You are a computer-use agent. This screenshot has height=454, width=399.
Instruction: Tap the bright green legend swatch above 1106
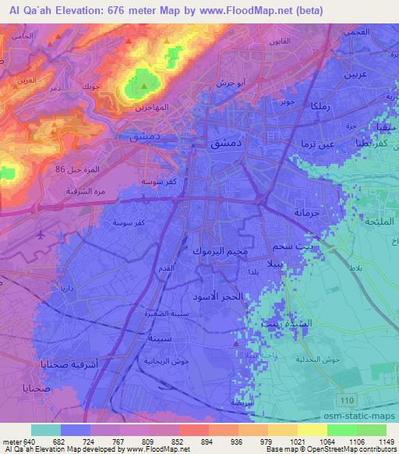click(x=341, y=429)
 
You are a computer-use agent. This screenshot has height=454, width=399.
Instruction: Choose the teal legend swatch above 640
click(x=46, y=429)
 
